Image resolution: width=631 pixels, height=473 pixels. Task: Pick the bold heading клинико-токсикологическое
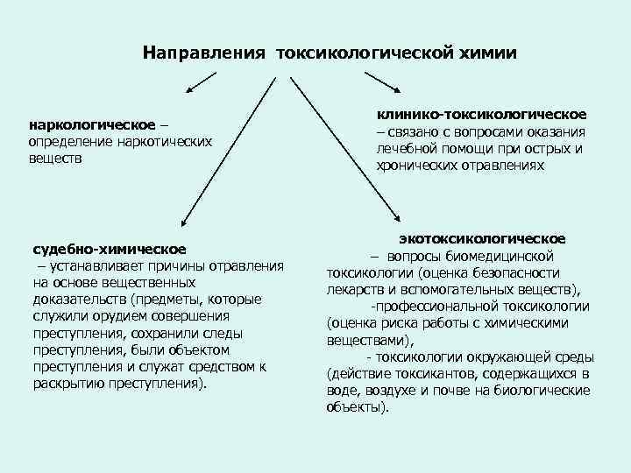[481, 115]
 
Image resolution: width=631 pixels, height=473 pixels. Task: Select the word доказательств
[79, 300]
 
